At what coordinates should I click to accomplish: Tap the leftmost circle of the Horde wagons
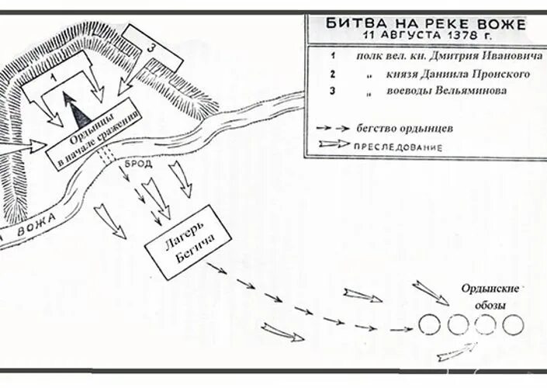429,325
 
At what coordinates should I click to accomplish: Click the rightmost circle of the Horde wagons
513,325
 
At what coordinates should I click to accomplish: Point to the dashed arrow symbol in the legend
334,128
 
